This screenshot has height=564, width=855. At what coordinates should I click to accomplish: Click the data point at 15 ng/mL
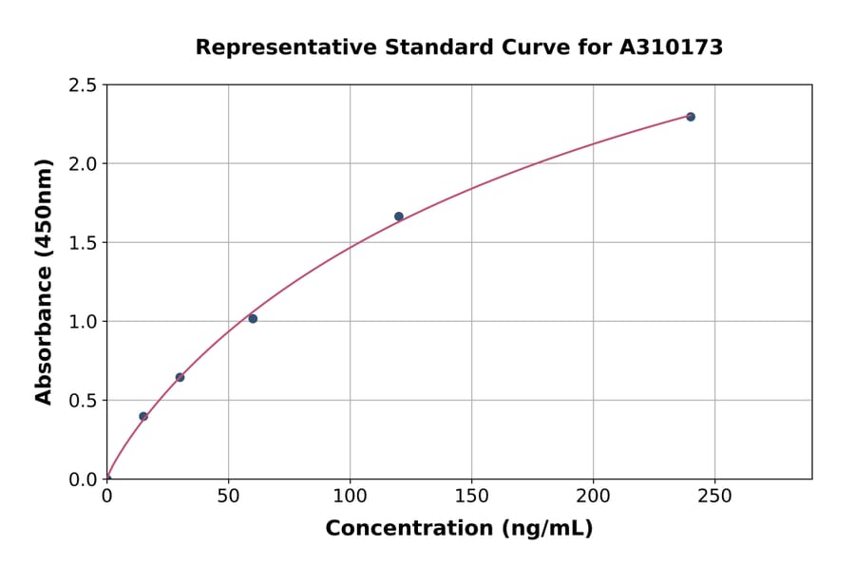tap(143, 416)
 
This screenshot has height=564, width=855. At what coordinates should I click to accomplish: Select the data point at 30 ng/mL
tap(180, 377)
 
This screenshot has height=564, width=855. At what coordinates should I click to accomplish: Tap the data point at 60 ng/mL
tap(253, 318)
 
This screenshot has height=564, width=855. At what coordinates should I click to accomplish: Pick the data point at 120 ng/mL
tap(399, 216)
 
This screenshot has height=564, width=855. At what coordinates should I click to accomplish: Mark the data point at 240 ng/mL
tap(691, 117)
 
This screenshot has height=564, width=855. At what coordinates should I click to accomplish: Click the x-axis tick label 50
tap(228, 497)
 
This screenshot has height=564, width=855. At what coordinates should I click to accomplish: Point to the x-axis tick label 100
tap(350, 497)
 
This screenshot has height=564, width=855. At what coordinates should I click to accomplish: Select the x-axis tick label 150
tap(471, 497)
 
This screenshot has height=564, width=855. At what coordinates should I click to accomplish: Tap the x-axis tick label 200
tap(593, 497)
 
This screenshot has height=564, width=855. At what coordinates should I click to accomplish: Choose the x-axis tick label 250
tap(714, 497)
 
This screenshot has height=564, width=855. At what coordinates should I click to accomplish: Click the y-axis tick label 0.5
tap(84, 401)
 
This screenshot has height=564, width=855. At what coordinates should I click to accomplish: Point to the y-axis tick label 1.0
tap(84, 322)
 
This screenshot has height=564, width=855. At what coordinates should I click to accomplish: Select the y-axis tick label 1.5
tap(84, 243)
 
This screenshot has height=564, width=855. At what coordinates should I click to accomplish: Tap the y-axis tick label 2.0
tap(84, 164)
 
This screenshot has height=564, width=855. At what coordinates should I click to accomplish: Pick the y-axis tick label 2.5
tap(84, 85)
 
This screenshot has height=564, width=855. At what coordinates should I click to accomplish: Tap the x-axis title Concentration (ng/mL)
tap(459, 528)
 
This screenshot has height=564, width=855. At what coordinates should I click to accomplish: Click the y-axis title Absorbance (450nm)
tap(44, 282)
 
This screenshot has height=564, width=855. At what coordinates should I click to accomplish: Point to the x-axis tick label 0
tap(106, 497)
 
